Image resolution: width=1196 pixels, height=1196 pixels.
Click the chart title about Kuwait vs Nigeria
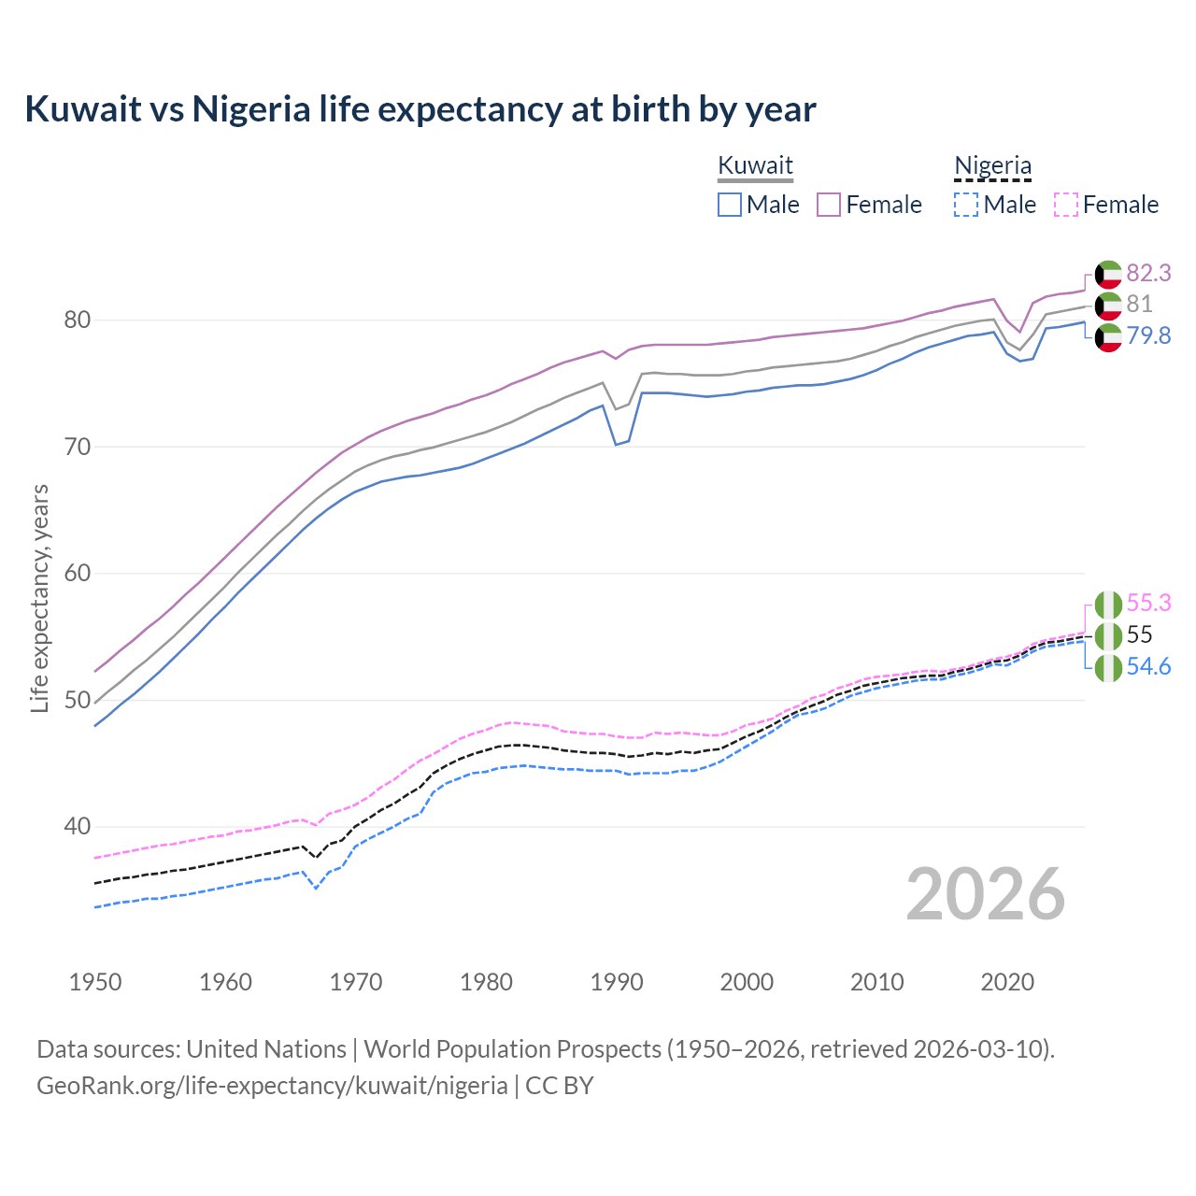click(420, 109)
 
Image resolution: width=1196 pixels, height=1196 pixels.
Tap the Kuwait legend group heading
click(755, 165)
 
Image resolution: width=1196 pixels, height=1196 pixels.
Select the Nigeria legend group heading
click(992, 165)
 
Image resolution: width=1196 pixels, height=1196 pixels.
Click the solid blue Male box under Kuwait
click(730, 205)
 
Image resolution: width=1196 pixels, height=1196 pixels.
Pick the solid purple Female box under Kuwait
click(829, 205)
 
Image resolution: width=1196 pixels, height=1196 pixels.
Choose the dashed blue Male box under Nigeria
click(966, 205)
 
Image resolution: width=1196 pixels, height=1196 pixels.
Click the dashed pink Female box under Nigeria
click(1066, 205)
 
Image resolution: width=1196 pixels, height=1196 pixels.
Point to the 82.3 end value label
click(1148, 273)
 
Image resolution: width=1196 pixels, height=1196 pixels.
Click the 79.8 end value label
click(1148, 336)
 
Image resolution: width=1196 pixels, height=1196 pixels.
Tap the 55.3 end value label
click(1148, 604)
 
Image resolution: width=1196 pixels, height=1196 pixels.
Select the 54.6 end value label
click(1148, 667)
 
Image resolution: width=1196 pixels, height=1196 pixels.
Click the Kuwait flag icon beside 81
click(1108, 305)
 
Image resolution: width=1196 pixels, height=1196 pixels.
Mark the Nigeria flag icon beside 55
click(1108, 635)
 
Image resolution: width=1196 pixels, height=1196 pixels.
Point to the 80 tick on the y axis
click(77, 320)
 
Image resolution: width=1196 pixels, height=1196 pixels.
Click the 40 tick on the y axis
click(77, 827)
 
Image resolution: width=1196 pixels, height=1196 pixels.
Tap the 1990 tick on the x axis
click(617, 982)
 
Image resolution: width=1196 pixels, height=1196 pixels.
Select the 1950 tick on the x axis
click(95, 982)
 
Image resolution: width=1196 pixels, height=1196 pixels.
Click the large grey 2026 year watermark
click(985, 895)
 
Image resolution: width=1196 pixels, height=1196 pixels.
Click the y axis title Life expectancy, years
click(39, 598)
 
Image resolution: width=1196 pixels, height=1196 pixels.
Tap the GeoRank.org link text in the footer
click(272, 1086)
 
